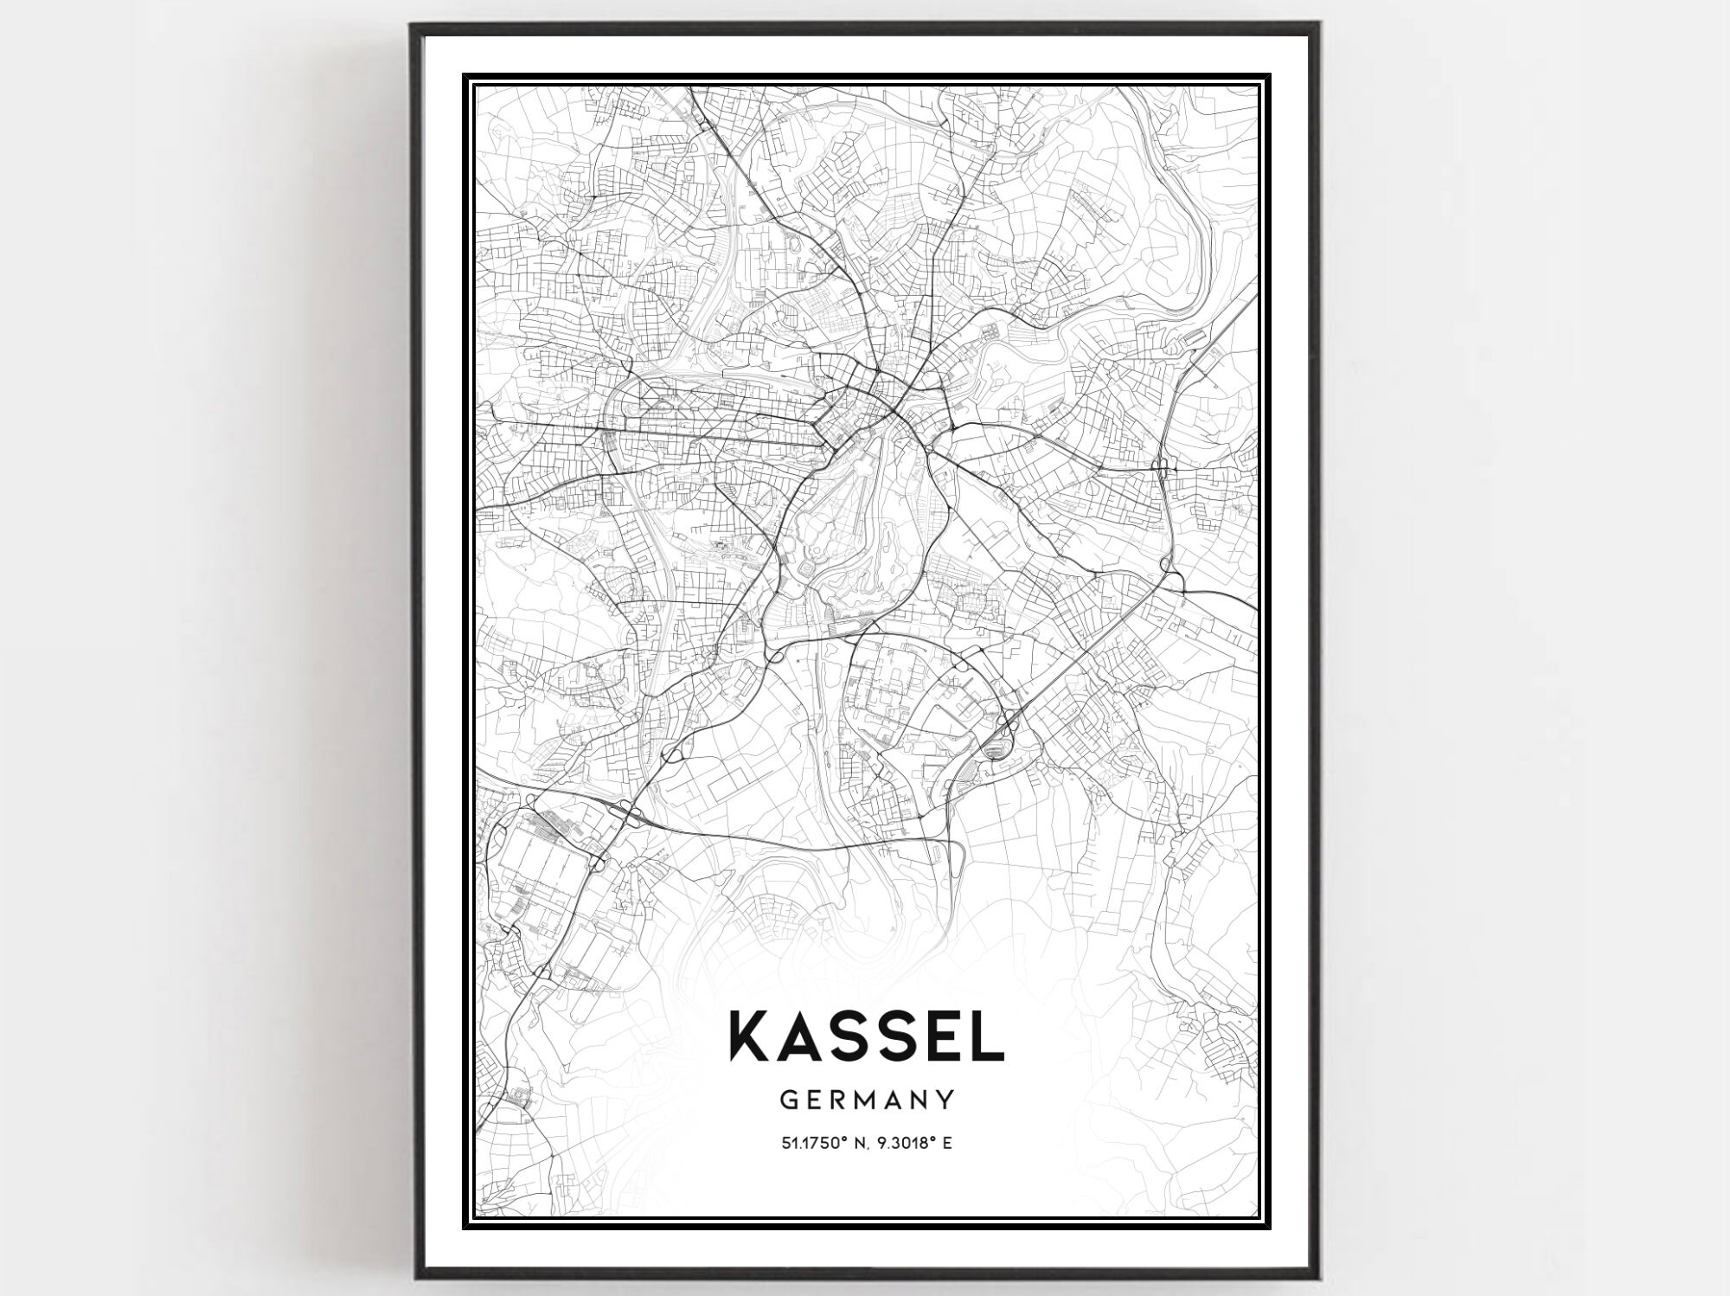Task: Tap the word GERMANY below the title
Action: click(867, 1100)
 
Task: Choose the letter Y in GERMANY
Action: click(945, 1100)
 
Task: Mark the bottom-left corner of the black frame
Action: click(413, 1278)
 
